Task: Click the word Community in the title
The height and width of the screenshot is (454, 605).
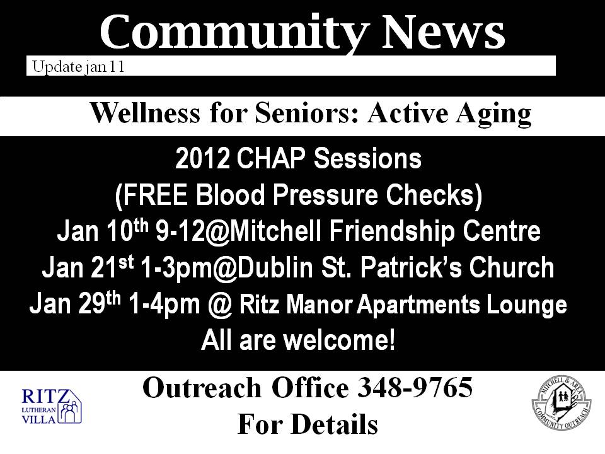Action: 234,33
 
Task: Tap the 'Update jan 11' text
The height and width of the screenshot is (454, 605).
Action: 78,67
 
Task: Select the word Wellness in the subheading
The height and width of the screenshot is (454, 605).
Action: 145,113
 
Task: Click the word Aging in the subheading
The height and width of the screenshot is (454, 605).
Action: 493,115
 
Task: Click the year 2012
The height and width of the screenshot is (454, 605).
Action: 202,158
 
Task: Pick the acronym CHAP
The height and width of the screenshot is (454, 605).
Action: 271,158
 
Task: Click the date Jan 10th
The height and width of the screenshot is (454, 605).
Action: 103,231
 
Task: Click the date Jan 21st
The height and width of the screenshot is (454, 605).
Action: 88,267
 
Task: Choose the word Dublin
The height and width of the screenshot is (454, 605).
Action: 274,267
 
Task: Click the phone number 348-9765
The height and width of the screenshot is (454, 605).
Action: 415,387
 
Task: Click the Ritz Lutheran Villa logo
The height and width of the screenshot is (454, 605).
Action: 52,406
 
